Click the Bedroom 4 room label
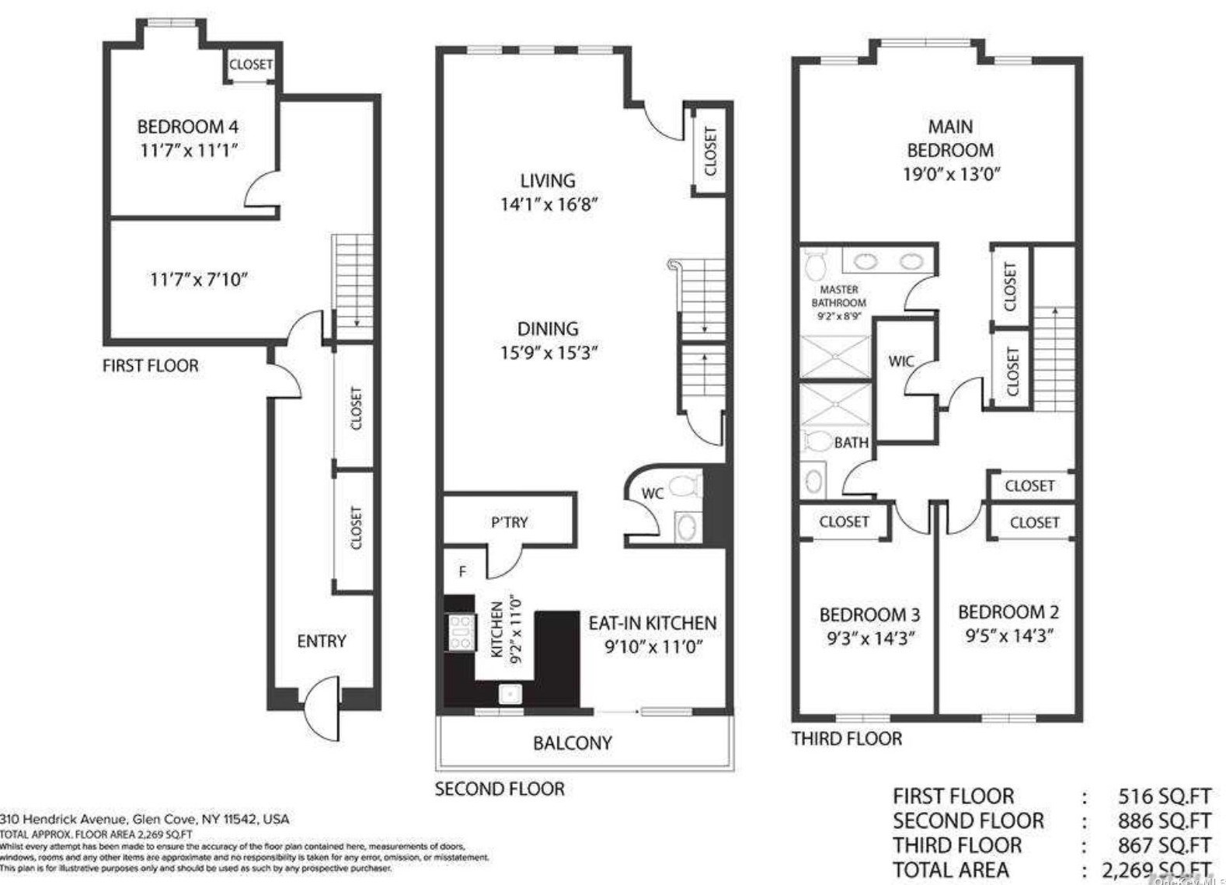click(188, 127)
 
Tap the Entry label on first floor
click(321, 641)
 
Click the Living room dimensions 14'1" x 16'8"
click(549, 204)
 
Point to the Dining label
click(548, 329)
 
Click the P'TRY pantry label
click(509, 522)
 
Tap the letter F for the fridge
click(462, 572)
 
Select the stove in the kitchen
click(460, 632)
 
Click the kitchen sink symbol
click(510, 693)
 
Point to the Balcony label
click(573, 743)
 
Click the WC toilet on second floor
click(684, 486)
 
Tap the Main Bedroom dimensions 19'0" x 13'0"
click(950, 173)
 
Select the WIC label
click(900, 361)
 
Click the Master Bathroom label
click(839, 296)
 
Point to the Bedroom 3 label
click(869, 615)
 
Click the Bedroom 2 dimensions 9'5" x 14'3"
click(1008, 636)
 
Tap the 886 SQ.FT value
click(1164, 821)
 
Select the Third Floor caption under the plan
click(846, 738)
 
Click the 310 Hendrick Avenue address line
click(145, 819)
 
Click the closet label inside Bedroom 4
click(250, 64)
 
